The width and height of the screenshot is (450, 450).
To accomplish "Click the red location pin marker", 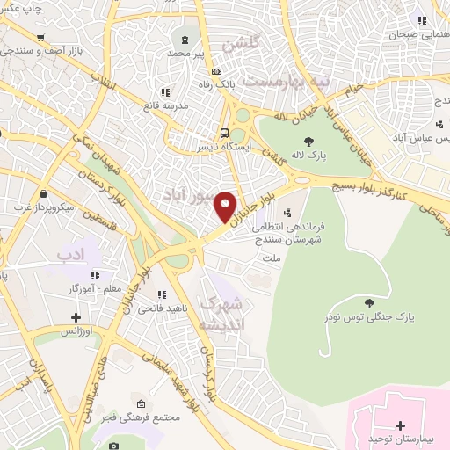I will tap(226, 207).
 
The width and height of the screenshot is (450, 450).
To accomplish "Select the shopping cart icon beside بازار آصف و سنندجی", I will tap(40, 38).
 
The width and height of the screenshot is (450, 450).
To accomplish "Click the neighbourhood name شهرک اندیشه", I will tap(224, 313).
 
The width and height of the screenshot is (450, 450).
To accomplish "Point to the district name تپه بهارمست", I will tap(287, 80).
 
